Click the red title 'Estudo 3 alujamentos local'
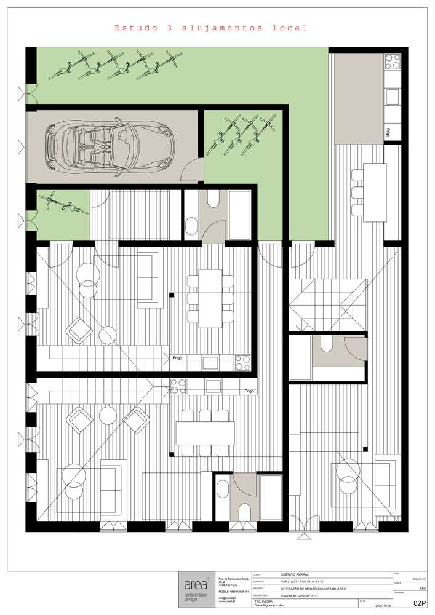click(210, 28)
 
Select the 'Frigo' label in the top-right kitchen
click(389, 131)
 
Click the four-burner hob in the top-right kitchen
click(391, 61)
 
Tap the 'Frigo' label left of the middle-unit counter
click(176, 357)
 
